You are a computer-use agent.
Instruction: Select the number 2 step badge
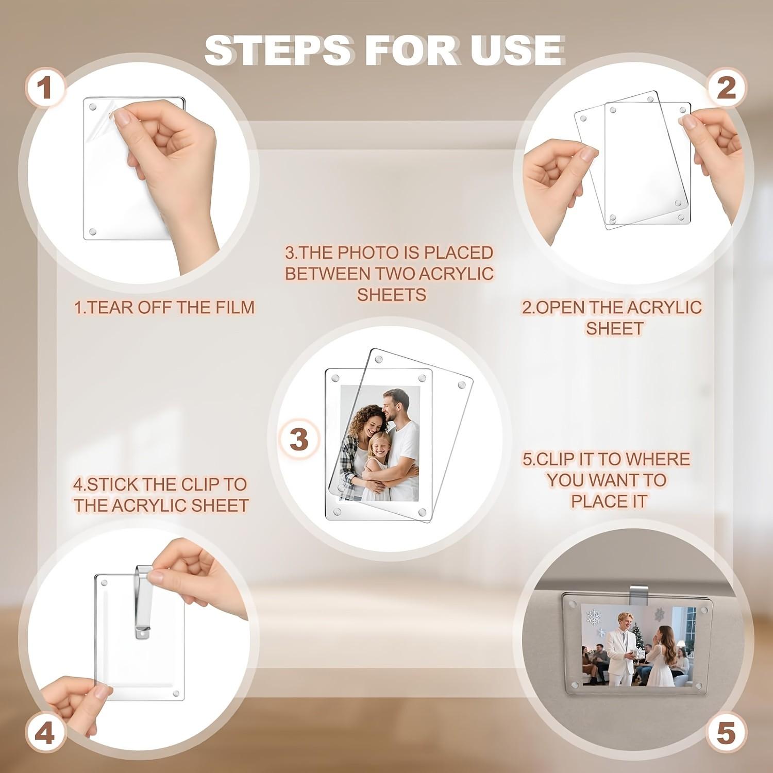coord(726,88)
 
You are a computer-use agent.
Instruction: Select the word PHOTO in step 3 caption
coord(367,253)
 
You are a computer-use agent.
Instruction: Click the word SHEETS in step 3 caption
coord(392,295)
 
